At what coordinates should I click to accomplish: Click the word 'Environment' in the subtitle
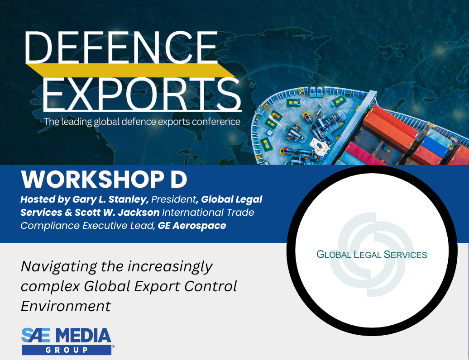pyautogui.click(x=66, y=306)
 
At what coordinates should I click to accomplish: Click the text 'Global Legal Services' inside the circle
pyautogui.click(x=372, y=254)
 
